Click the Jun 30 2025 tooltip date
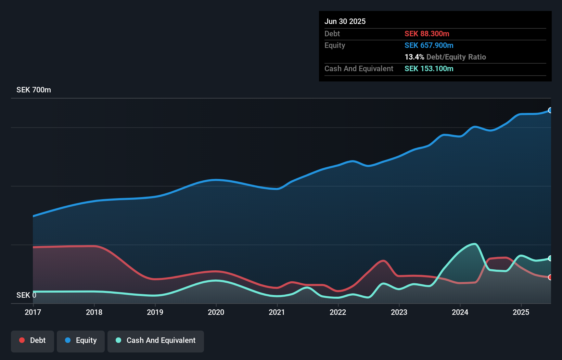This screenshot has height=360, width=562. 345,21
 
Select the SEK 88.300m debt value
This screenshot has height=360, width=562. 426,34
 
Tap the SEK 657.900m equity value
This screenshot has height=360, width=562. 429,45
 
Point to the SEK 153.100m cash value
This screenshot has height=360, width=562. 429,68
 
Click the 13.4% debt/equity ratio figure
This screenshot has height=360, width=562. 414,57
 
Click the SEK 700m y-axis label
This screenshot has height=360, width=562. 34,90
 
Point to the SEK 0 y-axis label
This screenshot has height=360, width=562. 26,295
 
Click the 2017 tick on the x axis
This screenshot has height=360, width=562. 33,312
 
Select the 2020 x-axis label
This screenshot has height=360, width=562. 216,312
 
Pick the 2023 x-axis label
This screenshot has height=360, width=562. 399,312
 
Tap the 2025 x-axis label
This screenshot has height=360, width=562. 521,312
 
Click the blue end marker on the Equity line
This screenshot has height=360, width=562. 550,110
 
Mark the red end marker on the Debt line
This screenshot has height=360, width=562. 550,277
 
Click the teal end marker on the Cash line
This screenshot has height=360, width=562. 550,258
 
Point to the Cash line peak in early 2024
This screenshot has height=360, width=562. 475,244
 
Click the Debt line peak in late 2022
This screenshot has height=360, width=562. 383,261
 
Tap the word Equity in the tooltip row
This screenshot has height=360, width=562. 334,45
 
